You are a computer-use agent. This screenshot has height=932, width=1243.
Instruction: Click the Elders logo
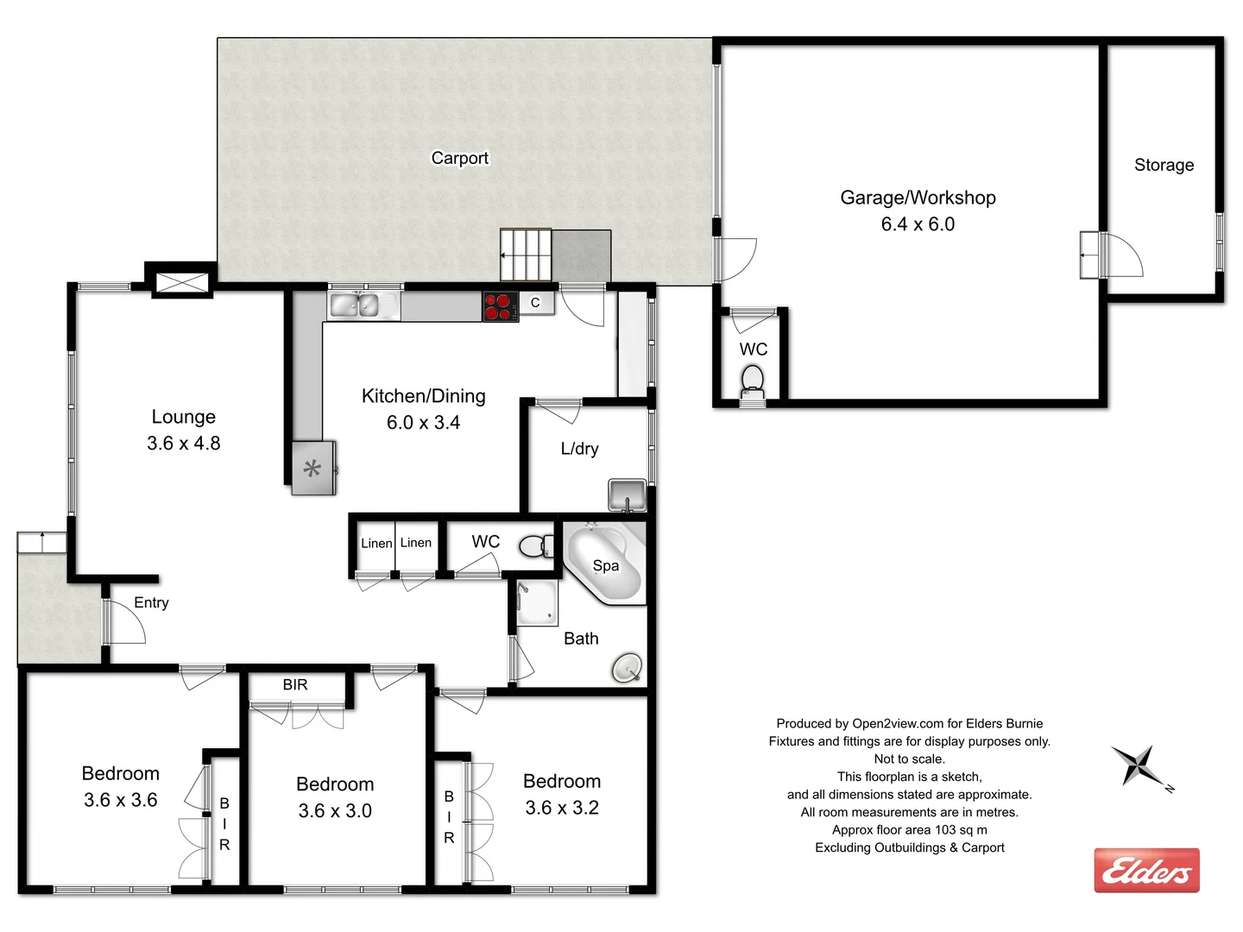point(1146,870)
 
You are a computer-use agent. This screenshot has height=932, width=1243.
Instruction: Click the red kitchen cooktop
point(500,306)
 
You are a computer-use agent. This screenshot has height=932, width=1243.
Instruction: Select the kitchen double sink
point(355,305)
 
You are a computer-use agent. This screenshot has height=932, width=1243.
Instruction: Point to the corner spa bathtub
point(603,564)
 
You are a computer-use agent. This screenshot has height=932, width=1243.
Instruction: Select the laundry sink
point(627,495)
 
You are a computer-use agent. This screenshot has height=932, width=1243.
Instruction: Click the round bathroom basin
point(627,668)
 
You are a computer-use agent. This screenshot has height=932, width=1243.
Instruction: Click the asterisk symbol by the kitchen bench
point(312,469)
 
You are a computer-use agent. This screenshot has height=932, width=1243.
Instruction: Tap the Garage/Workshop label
point(918,198)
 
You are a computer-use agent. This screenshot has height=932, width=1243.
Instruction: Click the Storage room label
point(1164,165)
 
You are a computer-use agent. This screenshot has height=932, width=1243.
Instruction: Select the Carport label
point(459,158)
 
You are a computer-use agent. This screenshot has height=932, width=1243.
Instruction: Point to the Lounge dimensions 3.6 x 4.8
point(183,444)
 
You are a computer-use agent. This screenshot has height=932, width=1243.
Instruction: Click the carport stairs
point(526,255)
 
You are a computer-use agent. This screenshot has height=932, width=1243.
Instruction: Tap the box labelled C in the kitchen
point(536,303)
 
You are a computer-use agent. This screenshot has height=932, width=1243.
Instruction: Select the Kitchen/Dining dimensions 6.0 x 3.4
point(423,423)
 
